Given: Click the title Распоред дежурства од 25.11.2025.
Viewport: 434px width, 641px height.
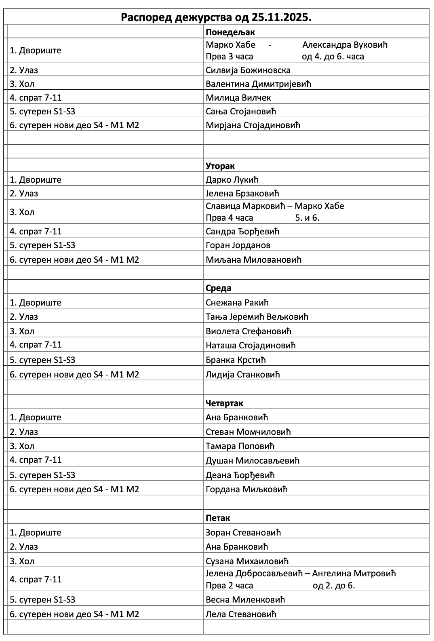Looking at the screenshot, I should tap(216, 17).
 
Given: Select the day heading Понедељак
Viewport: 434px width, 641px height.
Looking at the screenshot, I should tap(230, 33).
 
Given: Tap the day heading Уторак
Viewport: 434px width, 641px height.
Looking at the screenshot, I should tap(220, 166).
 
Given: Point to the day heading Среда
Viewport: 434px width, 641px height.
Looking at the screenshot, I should tap(219, 288).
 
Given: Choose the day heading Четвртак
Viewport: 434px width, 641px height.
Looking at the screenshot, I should tap(224, 403).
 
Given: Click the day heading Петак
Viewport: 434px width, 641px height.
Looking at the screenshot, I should tap(218, 518).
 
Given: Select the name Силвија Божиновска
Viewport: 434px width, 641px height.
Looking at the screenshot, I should tap(248, 70).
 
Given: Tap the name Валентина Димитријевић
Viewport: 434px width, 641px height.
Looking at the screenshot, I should tap(259, 84).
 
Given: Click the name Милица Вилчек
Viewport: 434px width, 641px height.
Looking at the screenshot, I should tap(238, 98).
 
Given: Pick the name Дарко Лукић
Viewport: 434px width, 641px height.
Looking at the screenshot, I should tap(232, 180).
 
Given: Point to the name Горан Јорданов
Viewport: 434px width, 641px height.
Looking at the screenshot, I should tap(238, 245).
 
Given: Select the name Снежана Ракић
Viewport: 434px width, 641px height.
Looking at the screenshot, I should tap(237, 303).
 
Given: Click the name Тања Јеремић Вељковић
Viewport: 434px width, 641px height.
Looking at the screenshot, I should tap(257, 317).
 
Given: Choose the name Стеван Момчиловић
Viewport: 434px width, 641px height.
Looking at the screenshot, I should tap(248, 432).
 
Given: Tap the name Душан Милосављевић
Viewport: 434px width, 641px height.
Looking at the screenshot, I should tap(253, 461).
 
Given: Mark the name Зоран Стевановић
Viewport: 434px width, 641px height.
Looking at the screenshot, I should tap(243, 533).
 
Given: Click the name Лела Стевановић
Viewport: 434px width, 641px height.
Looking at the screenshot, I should tap(241, 614).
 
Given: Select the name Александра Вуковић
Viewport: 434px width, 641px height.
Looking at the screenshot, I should tap(345, 45).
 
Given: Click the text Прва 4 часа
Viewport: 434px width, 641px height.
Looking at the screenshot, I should tap(230, 218).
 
